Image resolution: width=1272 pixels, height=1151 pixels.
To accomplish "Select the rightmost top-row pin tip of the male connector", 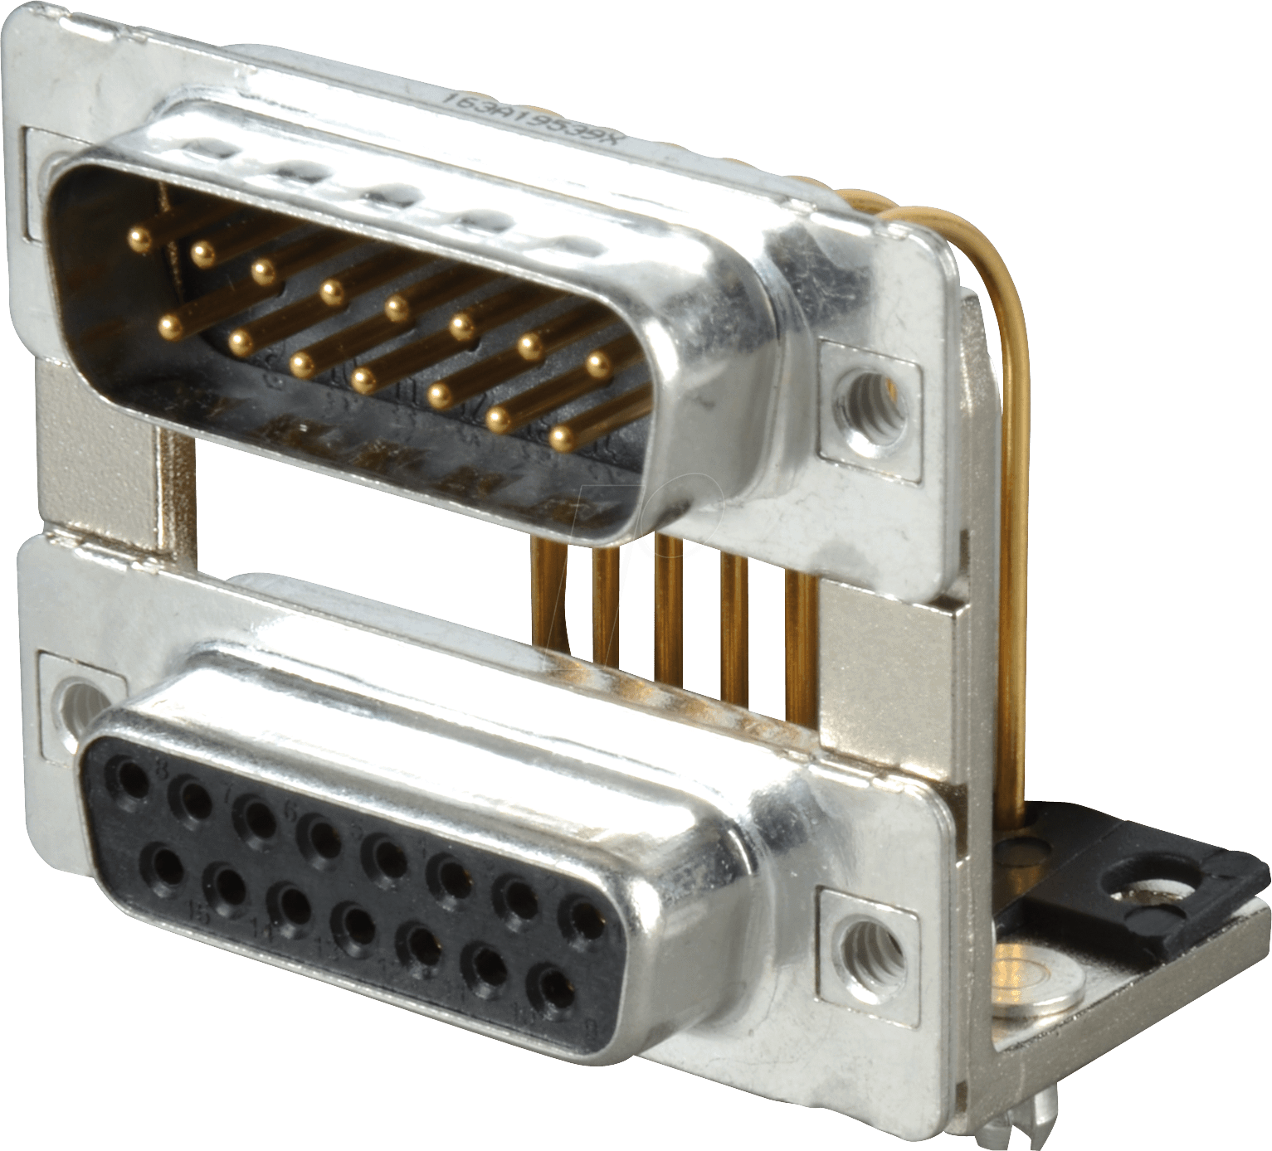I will [598, 362].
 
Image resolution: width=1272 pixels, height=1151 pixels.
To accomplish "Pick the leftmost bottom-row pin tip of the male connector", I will [172, 324].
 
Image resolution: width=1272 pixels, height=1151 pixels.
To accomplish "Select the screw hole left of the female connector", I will [77, 697].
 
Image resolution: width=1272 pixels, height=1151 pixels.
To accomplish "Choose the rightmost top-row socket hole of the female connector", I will [587, 916].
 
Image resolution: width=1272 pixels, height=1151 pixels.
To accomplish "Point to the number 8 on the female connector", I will [163, 771].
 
